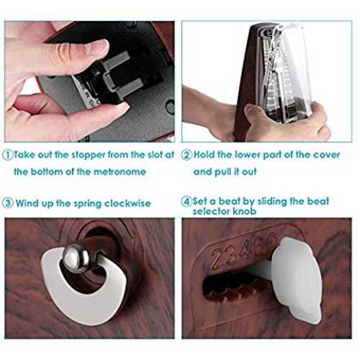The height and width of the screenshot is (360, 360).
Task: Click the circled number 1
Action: pos(8,155)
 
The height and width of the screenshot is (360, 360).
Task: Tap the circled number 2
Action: pos(186,155)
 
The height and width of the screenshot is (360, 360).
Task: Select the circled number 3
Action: pos(8,203)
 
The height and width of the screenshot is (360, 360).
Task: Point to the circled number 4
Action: pos(186,201)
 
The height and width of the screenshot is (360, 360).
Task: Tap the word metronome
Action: pos(120,172)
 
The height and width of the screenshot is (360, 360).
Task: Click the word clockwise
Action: pos(127,203)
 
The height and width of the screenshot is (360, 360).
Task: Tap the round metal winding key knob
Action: pos(76,258)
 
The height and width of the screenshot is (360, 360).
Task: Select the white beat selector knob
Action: pos(297,280)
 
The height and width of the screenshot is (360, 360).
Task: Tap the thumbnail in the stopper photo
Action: pos(97,48)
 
